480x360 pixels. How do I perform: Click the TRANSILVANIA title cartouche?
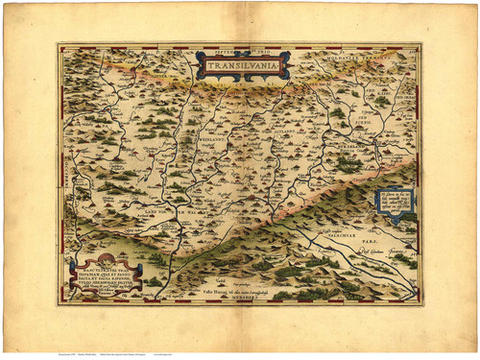(x=242, y=66)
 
